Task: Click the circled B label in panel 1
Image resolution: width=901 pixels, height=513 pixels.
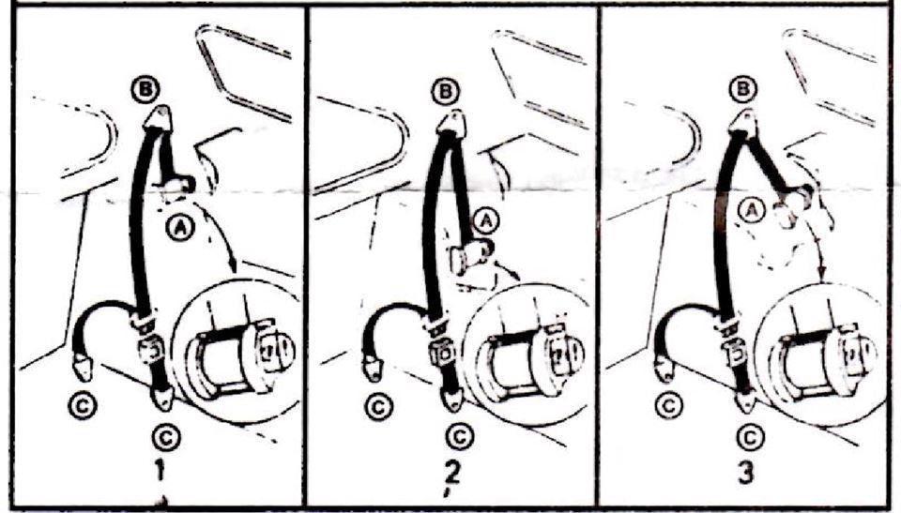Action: pyautogui.click(x=145, y=90)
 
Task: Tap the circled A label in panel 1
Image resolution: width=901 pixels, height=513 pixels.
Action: pyautogui.click(x=180, y=229)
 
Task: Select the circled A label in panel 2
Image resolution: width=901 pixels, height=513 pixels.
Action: pyautogui.click(x=486, y=219)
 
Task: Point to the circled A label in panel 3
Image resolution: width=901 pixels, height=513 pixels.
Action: pyautogui.click(x=749, y=210)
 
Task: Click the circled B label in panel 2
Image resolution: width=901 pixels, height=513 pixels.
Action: pyautogui.click(x=446, y=91)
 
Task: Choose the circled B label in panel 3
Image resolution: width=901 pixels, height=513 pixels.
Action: pyautogui.click(x=742, y=88)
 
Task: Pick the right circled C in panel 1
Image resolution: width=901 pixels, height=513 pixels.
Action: pyautogui.click(x=165, y=438)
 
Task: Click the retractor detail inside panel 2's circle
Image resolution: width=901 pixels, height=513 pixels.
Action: pyautogui.click(x=532, y=359)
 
